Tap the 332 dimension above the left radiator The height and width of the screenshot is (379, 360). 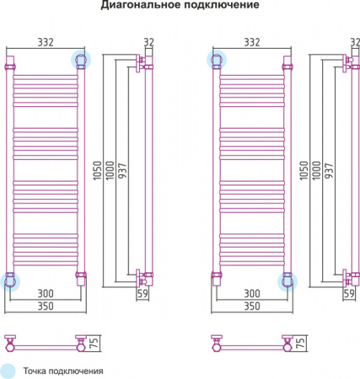pos(46,42)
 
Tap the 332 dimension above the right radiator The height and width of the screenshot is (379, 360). pos(252,42)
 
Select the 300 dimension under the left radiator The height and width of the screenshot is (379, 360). pos(46,294)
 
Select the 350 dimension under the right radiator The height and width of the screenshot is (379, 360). pos(252,306)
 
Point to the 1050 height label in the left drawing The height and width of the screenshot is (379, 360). pos(97,170)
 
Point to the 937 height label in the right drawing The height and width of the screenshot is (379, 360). pos(328,170)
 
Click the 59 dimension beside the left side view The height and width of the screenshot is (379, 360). pos(142,294)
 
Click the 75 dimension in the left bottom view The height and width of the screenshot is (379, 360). pos(94,343)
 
